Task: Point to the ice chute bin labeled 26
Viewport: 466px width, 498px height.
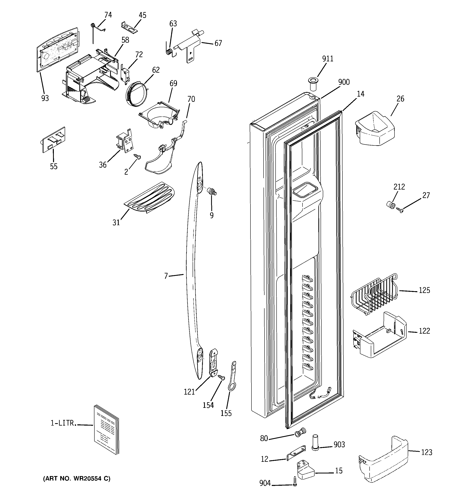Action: coord(374,129)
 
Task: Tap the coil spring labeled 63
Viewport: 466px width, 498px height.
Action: coord(169,51)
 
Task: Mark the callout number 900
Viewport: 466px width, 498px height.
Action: coord(344,82)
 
